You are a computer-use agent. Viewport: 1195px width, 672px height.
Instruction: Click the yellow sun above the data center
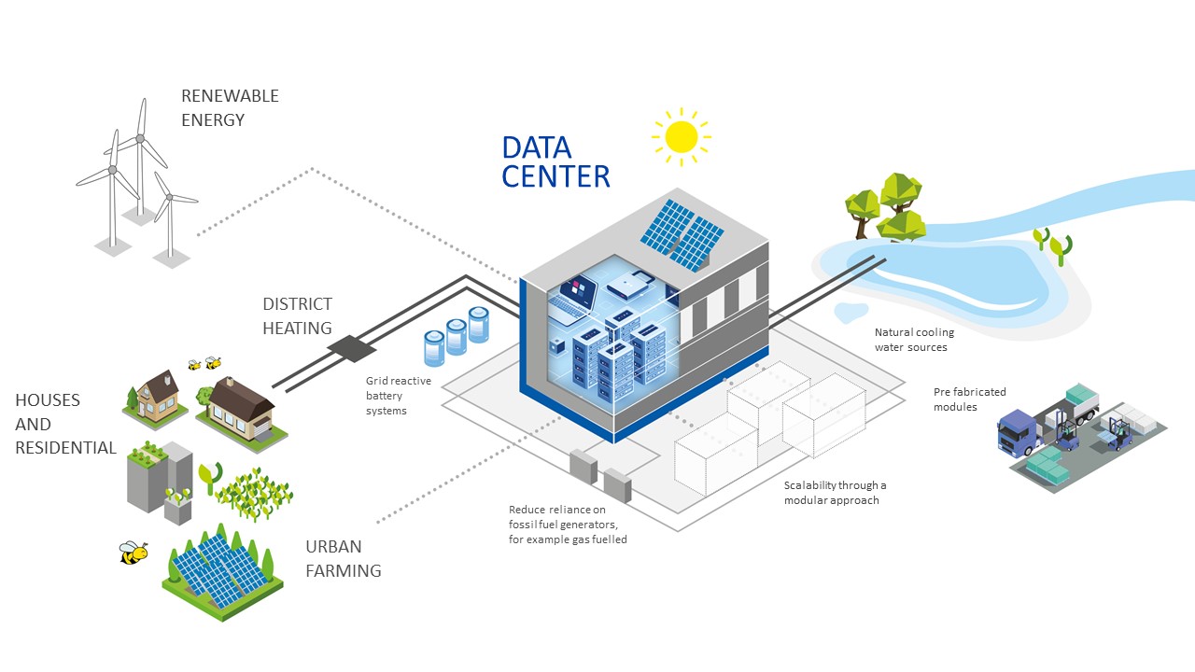pos(682,137)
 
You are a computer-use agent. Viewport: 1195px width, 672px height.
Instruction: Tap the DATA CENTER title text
pos(555,162)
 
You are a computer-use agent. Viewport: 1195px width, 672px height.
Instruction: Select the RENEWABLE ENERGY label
pos(230,107)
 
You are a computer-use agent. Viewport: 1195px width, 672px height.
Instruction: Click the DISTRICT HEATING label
pos(297,315)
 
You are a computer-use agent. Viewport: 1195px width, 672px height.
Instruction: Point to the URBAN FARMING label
pos(343,558)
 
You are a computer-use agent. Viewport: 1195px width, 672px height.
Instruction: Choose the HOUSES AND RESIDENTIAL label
pos(65,424)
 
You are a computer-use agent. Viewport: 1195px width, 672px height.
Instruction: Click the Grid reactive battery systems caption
pos(398,395)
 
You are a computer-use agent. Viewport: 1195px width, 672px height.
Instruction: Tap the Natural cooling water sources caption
pos(914,339)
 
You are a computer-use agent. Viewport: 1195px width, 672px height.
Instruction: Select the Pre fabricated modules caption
pos(969,399)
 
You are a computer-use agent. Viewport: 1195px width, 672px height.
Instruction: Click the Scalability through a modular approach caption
pos(835,492)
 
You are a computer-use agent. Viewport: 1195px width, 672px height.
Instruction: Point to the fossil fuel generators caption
pos(568,525)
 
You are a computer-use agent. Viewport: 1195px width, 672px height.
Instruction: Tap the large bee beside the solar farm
pos(133,553)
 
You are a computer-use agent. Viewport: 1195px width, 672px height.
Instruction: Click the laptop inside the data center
pos(572,299)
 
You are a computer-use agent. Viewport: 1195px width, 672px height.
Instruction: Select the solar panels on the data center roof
pos(682,235)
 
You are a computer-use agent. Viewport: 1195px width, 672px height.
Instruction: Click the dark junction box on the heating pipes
pos(352,348)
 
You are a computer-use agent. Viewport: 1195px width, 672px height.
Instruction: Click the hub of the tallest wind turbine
pos(140,139)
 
